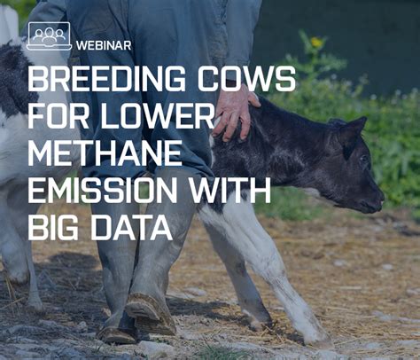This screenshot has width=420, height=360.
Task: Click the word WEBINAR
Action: coord(104,44)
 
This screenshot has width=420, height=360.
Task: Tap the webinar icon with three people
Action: coord(49,35)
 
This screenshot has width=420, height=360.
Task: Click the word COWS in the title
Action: coord(253,80)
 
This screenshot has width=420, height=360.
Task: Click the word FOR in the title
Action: coord(59,117)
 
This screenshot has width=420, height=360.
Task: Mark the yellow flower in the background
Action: coord(316,42)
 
